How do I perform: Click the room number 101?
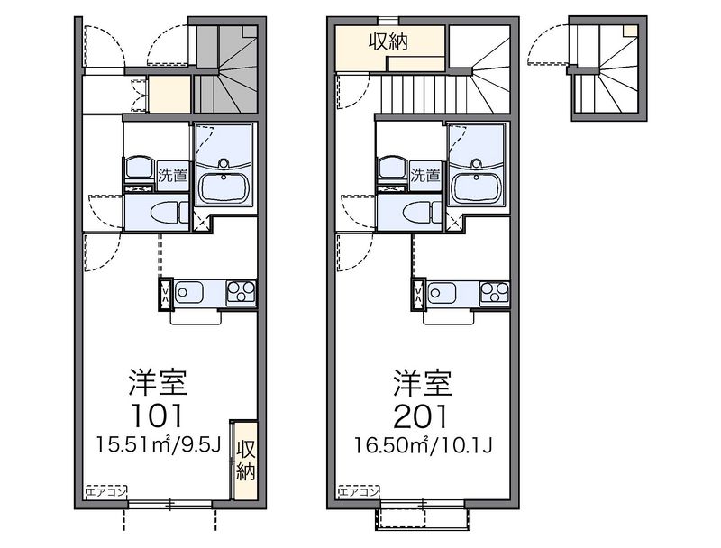tap(157, 416)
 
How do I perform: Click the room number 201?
tap(421, 416)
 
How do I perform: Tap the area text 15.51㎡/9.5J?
tap(160, 444)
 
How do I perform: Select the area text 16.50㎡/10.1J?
tap(423, 445)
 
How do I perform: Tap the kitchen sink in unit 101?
tap(188, 292)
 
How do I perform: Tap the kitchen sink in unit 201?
tap(442, 292)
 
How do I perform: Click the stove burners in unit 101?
tap(241, 292)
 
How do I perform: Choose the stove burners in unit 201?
tap(495, 292)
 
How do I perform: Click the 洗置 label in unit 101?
tap(173, 176)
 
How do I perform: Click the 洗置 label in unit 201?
tap(425, 176)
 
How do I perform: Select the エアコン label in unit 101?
tap(106, 492)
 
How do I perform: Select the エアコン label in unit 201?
tap(359, 492)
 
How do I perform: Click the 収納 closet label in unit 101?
tap(245, 460)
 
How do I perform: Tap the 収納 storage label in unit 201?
tap(388, 42)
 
